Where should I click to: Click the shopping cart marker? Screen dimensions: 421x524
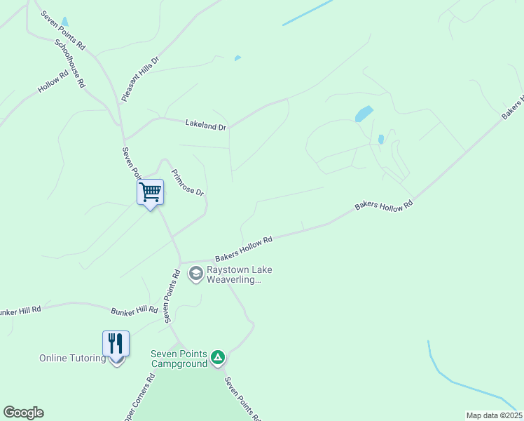(150, 192)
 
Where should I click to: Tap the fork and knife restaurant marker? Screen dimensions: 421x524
(116, 344)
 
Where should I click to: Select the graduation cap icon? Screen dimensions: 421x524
(195, 274)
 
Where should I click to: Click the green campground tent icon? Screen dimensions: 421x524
(218, 358)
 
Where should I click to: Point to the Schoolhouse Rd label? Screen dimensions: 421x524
(70, 63)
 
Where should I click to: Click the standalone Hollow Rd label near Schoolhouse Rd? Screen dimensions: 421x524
(53, 81)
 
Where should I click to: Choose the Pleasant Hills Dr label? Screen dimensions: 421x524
(140, 79)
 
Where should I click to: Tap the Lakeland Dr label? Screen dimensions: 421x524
(206, 125)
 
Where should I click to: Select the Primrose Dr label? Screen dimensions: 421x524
(187, 182)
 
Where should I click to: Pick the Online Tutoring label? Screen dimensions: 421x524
(72, 359)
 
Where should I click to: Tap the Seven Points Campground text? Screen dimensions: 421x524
(179, 359)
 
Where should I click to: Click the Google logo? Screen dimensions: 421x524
(23, 413)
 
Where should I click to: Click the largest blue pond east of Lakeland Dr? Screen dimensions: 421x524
(364, 113)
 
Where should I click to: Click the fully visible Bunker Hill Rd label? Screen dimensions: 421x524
(135, 309)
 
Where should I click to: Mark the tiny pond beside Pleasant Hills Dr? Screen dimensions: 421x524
(238, 58)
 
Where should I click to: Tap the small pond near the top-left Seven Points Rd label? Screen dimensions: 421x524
(64, 22)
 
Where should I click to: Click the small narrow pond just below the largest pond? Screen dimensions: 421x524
(381, 139)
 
